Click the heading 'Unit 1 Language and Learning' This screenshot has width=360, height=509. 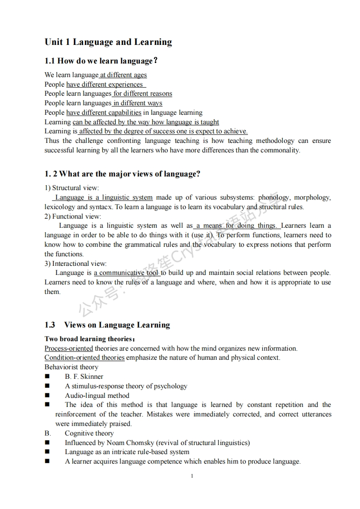coord(108,42)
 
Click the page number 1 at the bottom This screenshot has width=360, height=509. coord(192,476)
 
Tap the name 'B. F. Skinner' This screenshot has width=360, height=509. coord(84,377)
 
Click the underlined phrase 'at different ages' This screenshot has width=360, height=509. coord(123,75)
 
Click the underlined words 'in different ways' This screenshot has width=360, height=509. coord(138,103)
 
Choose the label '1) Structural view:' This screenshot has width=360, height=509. coord(71,188)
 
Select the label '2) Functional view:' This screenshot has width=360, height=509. coord(73,216)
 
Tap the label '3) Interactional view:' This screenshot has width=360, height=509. coord(75,264)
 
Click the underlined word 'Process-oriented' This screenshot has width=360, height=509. coord(69,348)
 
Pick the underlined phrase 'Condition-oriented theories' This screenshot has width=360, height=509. coord(84,357)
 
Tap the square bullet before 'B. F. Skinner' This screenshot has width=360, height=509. coord(47,377)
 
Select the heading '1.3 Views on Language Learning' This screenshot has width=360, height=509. coord(107,325)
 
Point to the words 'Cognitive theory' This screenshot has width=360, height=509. coord(89,433)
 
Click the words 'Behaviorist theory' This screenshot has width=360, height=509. coord(71,367)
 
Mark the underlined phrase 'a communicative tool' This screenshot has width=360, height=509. coord(126,273)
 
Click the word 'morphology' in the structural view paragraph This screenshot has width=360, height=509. coord(312,197)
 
